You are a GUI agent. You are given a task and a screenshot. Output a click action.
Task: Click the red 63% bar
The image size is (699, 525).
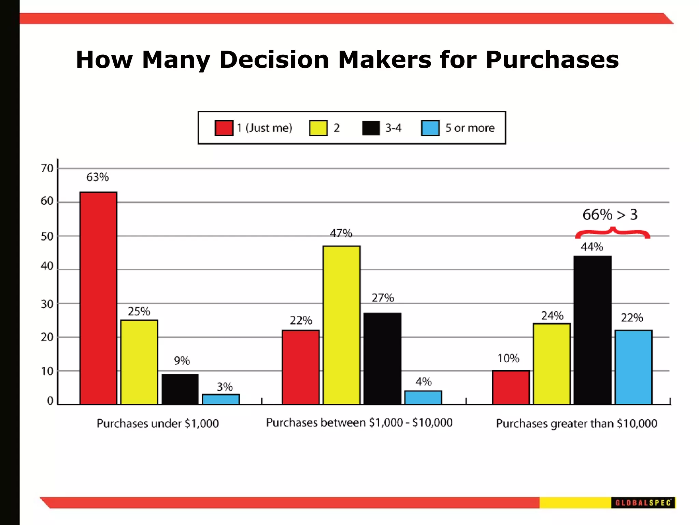(98, 298)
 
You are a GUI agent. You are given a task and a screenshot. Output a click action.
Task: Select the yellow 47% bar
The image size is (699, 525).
(341, 325)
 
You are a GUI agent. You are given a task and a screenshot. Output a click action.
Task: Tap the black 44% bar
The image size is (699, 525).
(593, 330)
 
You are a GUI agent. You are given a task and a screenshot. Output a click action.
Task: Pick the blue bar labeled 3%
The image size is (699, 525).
(221, 399)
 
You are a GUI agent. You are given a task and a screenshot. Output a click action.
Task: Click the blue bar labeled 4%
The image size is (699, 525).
(423, 398)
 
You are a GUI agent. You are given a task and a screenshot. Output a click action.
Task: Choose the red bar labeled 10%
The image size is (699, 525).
(511, 388)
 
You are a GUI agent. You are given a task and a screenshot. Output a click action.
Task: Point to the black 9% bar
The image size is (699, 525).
(180, 389)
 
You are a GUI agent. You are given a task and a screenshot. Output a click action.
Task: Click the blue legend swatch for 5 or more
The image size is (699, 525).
(430, 128)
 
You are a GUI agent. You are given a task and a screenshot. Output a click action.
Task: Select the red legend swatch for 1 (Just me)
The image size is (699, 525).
(224, 128)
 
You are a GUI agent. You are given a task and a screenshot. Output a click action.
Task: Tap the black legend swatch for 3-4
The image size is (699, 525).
(371, 128)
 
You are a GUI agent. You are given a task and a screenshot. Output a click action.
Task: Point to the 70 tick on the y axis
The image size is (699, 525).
(47, 168)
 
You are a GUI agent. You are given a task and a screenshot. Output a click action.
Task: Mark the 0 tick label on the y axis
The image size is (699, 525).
(50, 401)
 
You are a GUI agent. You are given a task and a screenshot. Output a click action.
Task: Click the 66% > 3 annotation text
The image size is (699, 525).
(610, 215)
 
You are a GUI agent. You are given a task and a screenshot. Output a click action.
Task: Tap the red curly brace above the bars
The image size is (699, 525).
(613, 233)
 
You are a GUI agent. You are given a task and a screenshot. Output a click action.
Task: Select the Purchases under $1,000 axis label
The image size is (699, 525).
(158, 423)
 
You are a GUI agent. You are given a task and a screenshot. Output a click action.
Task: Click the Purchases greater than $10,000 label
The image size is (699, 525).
(576, 423)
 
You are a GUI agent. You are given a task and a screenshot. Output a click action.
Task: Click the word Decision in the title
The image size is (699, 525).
(274, 60)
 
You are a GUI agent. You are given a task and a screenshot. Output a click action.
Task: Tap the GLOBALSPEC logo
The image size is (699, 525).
(643, 503)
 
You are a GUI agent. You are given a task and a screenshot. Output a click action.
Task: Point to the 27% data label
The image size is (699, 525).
(383, 298)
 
